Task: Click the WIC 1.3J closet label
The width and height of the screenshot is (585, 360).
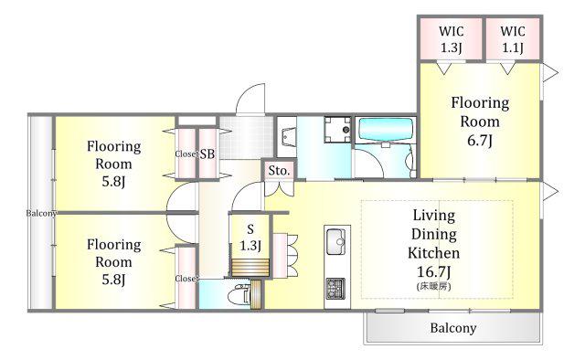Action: click(451, 39)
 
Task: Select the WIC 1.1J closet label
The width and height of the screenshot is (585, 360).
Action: click(513, 39)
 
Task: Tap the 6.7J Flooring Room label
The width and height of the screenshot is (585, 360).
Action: click(480, 122)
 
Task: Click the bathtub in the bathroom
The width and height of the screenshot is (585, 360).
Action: click(386, 129)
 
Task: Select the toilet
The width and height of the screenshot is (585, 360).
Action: click(239, 294)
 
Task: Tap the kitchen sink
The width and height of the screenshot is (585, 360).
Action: click(335, 241)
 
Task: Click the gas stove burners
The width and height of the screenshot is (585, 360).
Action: click(335, 289)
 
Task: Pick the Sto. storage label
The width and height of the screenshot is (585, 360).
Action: click(279, 171)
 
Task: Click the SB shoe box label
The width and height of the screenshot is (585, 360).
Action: click(207, 154)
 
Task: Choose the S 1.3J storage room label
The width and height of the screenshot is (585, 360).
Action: click(250, 238)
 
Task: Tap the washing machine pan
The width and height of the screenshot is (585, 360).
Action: click(337, 130)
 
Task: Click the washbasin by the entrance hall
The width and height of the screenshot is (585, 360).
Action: click(286, 137)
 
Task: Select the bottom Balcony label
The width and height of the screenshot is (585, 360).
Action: click(453, 328)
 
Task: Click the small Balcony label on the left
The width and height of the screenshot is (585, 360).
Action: click(41, 214)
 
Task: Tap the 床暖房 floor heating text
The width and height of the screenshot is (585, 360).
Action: click(433, 287)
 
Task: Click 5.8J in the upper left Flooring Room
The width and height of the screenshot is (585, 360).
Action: click(113, 182)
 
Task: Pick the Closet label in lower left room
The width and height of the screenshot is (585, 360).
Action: click(186, 279)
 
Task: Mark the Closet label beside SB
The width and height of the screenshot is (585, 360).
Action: click(186, 154)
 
